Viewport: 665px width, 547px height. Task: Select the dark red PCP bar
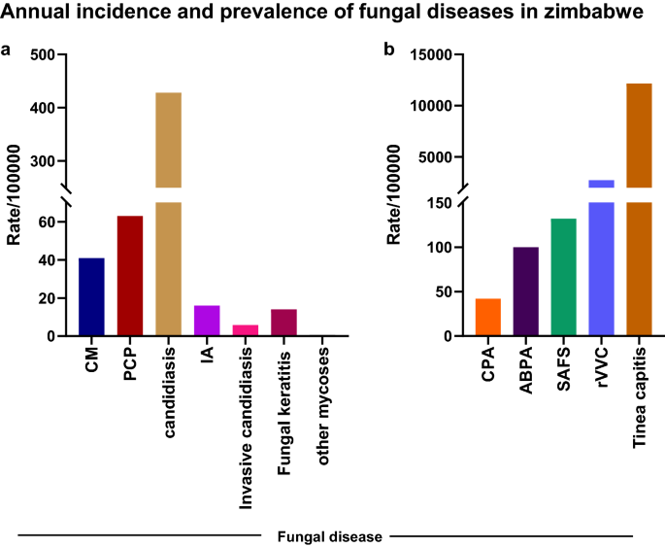click(x=130, y=276)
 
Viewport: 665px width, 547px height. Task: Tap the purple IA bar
click(x=207, y=321)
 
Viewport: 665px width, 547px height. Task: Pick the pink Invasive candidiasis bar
click(x=246, y=330)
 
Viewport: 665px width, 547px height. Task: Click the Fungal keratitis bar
click(x=283, y=323)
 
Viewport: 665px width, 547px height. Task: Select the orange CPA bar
click(x=487, y=317)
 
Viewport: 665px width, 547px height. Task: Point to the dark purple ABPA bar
click(x=526, y=291)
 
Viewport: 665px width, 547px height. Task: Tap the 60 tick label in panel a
click(x=46, y=222)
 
